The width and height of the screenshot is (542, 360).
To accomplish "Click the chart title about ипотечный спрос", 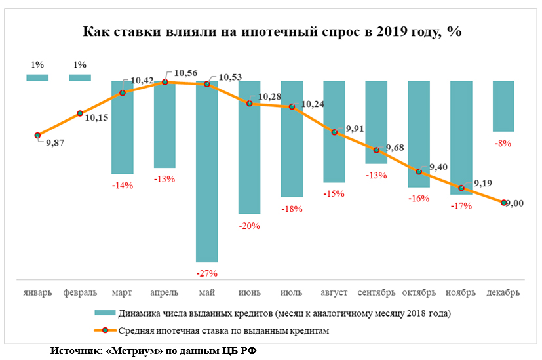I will [x=271, y=32].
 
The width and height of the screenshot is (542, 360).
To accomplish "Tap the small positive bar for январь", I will [x=37, y=77].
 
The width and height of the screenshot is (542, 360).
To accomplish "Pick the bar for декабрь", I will [x=503, y=106].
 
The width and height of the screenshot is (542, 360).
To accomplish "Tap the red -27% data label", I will [x=207, y=273].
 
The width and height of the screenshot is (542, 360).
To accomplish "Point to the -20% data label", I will [x=250, y=226].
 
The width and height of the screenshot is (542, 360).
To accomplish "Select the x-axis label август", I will [x=334, y=292].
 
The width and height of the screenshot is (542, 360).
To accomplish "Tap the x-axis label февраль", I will [x=80, y=292].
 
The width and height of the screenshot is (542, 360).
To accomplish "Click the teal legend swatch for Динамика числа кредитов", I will [x=104, y=313].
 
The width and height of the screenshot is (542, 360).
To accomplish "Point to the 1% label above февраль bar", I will [x=80, y=65].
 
